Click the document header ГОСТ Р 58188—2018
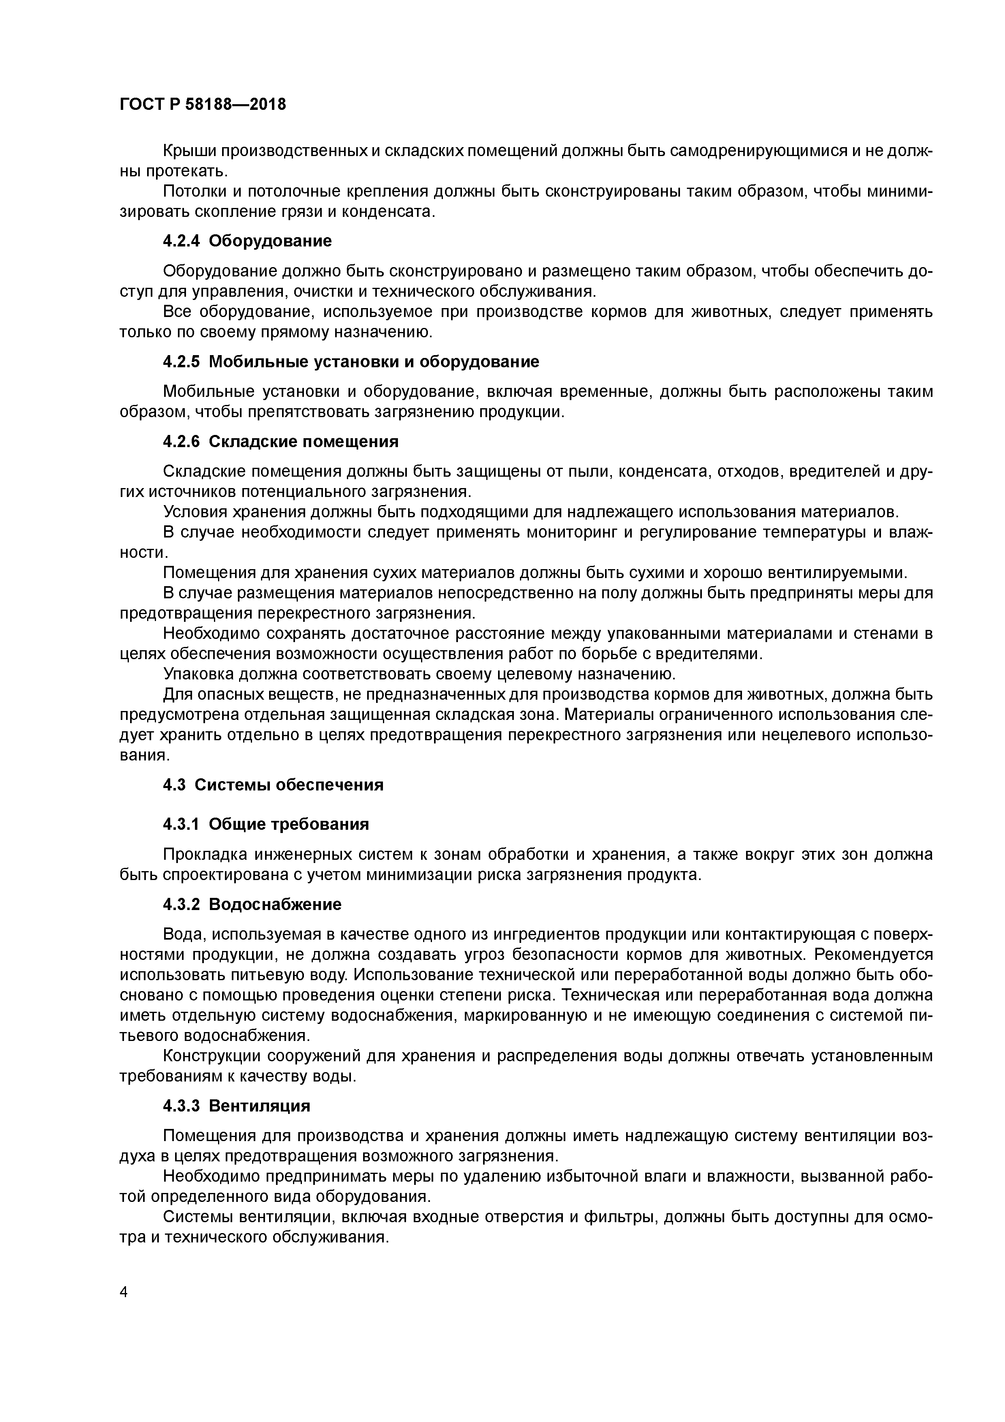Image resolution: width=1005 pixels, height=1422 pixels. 203,104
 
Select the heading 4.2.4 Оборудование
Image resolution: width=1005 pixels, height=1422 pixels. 247,241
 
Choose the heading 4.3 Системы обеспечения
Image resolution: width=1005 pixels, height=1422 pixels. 273,785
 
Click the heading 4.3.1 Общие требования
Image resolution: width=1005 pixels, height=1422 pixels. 266,825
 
